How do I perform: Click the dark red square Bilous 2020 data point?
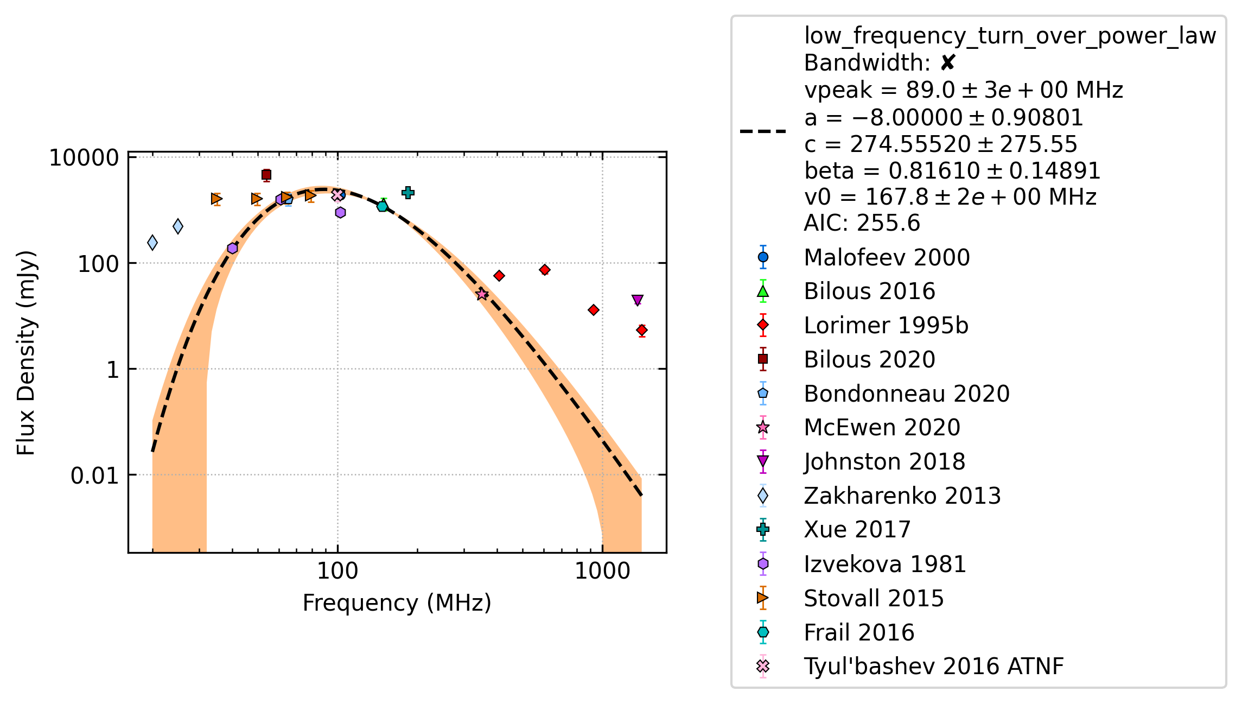266,175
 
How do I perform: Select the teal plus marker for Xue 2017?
408,193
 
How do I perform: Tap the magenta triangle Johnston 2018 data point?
638,300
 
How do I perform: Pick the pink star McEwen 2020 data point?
482,294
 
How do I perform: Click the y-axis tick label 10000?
84,158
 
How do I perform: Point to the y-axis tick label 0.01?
94,475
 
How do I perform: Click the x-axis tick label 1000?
602,571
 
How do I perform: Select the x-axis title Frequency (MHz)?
397,603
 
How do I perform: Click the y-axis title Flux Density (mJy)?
26,353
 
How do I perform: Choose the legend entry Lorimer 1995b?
886,326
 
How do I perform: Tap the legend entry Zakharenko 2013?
902,496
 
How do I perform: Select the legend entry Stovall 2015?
874,598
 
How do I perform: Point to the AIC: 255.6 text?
862,223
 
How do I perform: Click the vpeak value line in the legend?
964,90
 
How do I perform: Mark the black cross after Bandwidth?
947,64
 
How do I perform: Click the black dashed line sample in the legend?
763,131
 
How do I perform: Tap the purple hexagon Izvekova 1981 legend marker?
763,564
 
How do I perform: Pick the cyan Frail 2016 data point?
383,206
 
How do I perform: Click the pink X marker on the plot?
337,195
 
